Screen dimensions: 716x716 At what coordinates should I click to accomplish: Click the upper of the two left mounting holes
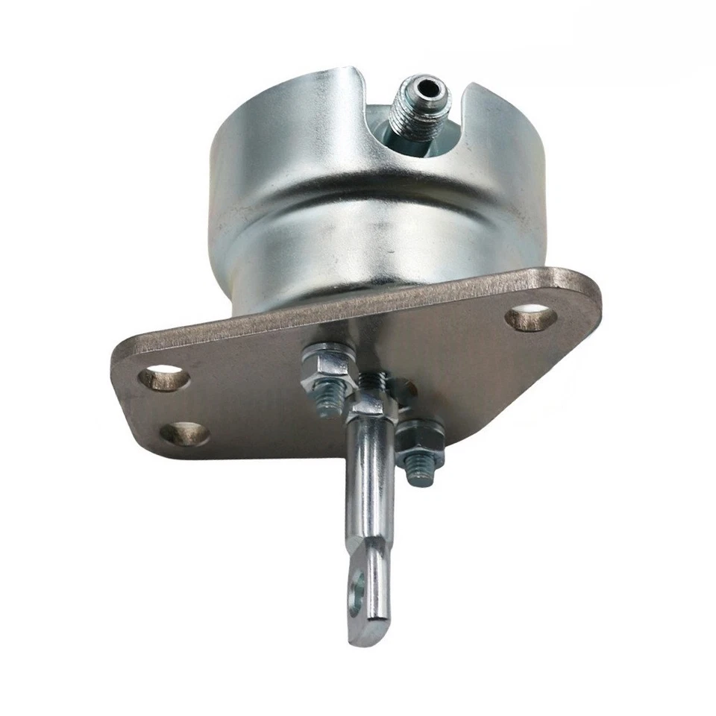point(163,377)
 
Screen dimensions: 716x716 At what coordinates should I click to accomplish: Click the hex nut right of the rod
point(418,442)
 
